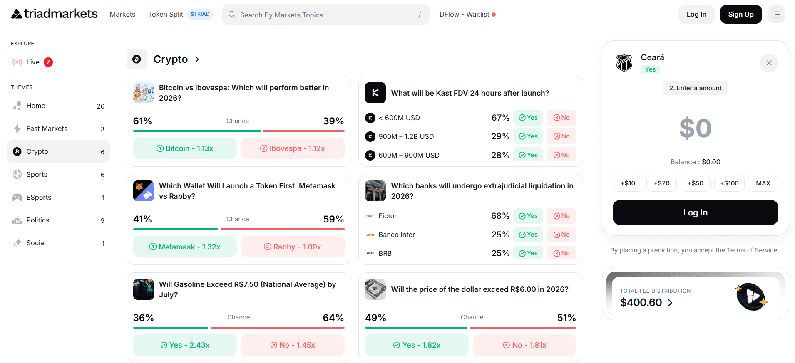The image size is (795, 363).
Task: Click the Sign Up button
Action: [741, 15]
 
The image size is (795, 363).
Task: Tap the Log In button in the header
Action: [696, 15]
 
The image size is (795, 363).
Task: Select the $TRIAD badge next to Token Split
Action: [200, 14]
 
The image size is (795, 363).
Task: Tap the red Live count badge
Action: [48, 62]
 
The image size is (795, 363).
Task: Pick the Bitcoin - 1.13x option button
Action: [185, 148]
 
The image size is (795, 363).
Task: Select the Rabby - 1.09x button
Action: [293, 247]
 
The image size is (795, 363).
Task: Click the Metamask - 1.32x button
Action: [185, 247]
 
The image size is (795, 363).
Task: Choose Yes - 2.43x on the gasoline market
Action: [185, 345]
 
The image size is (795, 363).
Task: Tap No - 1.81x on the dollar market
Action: [524, 345]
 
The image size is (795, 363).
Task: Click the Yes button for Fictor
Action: [528, 216]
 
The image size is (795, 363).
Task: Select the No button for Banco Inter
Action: [561, 235]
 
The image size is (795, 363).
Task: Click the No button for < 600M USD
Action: [561, 118]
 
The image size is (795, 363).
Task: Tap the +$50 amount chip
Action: [696, 183]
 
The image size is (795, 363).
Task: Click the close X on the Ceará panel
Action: [769, 63]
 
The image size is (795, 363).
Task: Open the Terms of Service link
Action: [752, 250]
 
